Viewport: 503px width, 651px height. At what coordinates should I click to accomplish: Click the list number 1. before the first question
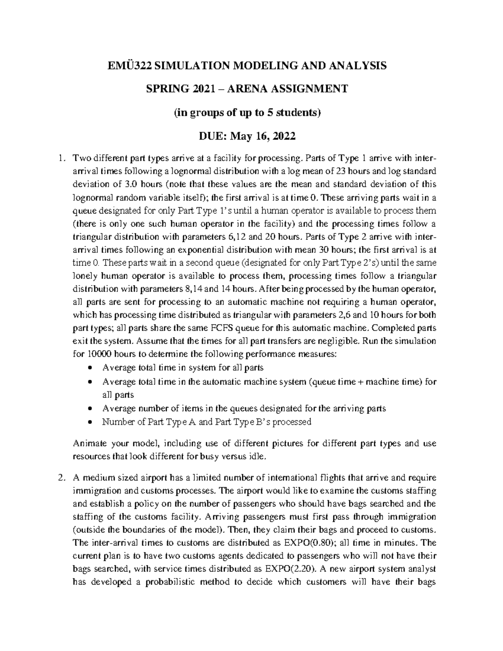pyautogui.click(x=62, y=158)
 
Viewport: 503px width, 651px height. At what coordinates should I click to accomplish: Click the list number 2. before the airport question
pyautogui.click(x=62, y=477)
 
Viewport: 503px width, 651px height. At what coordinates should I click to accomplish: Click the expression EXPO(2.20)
pyautogui.click(x=291, y=569)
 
